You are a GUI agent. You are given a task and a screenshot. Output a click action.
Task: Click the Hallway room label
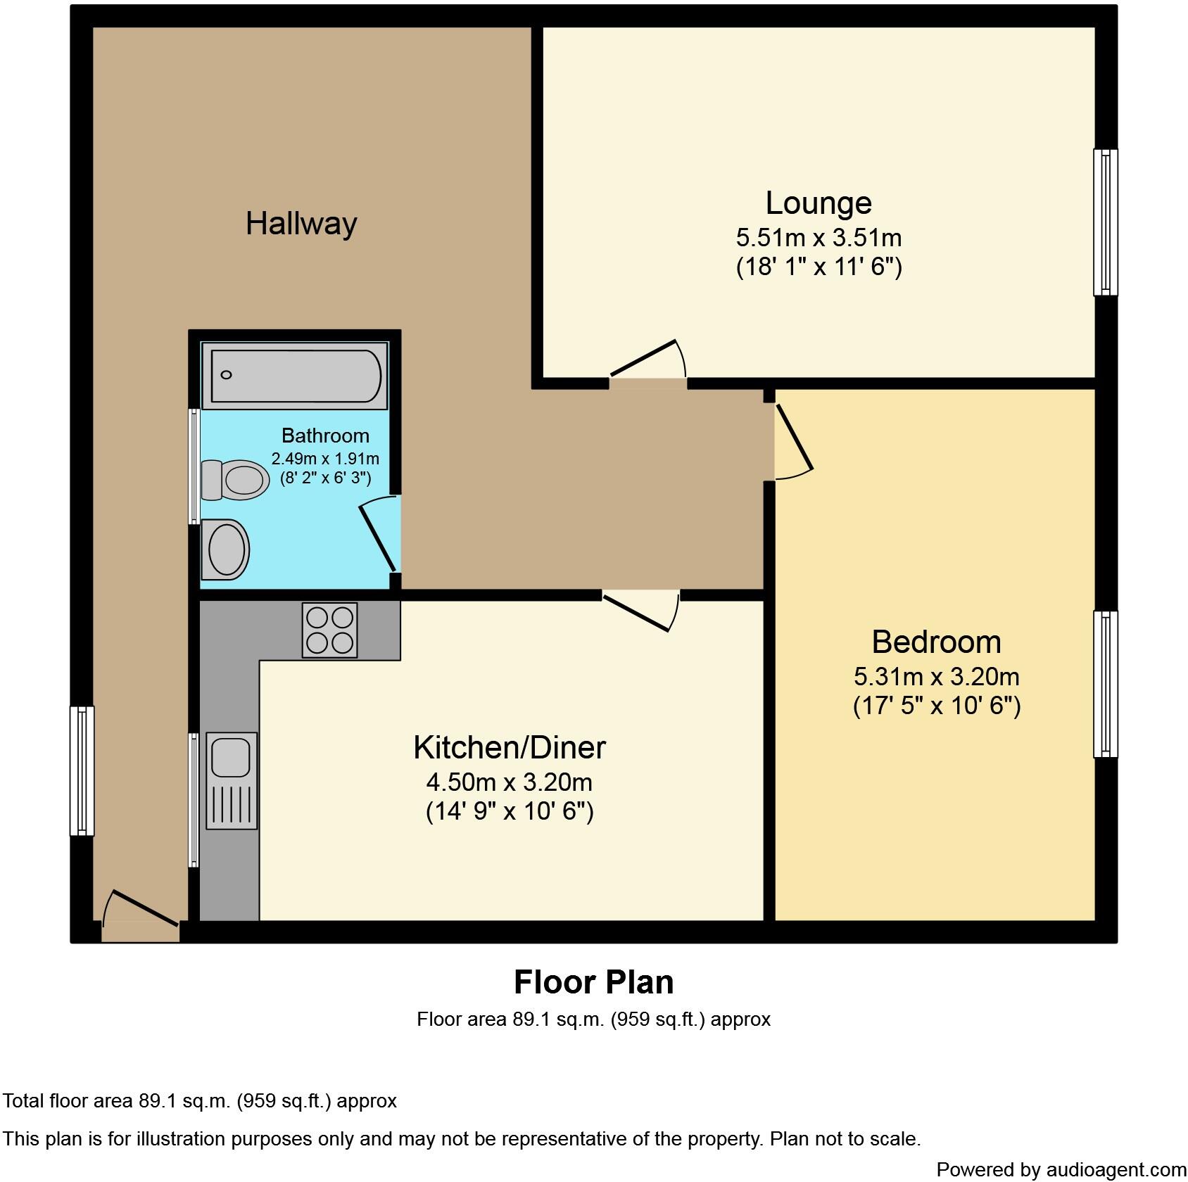click(301, 224)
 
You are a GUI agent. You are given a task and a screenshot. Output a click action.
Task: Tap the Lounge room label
click(819, 203)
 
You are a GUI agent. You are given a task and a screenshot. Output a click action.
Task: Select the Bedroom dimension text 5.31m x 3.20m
click(936, 677)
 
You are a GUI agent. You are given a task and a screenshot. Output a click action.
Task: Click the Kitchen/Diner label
click(509, 747)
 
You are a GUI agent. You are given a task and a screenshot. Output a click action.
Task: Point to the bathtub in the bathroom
click(294, 376)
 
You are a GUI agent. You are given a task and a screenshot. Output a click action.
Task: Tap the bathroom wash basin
click(226, 549)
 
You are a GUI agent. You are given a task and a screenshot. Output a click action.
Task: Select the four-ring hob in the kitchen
click(329, 630)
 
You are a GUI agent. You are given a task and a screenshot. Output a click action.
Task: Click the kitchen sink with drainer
click(232, 780)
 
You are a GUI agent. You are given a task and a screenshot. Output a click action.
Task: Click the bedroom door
click(793, 441)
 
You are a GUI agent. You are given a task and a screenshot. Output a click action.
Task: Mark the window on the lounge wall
click(1105, 222)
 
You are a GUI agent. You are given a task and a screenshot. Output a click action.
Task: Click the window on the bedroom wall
click(1105, 684)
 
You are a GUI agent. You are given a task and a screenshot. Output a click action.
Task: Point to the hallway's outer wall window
click(82, 771)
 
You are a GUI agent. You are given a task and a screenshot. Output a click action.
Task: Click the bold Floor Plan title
click(593, 982)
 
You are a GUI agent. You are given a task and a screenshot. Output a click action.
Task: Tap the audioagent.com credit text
click(1061, 1170)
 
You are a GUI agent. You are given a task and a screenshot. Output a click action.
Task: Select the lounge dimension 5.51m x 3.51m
click(819, 238)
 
